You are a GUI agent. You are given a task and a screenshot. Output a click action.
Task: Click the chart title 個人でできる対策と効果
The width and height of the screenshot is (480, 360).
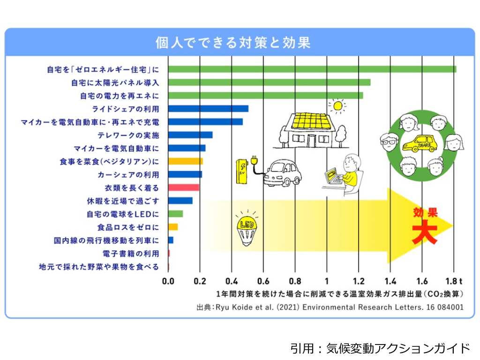233,43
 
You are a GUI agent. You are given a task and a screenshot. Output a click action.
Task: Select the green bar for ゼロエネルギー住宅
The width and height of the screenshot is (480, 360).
312,69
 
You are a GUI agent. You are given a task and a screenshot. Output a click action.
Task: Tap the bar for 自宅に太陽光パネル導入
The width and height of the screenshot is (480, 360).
269,82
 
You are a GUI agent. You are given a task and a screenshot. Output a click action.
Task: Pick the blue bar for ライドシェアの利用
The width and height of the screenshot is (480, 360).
208,109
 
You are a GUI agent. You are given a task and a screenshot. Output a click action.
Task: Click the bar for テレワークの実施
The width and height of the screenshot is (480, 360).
190,135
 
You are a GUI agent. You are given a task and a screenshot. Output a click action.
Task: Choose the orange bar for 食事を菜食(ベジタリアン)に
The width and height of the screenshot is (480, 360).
185,162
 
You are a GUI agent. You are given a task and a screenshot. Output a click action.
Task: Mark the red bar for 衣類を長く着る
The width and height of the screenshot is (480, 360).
183,188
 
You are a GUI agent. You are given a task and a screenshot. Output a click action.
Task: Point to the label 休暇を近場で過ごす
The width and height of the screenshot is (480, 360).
123,201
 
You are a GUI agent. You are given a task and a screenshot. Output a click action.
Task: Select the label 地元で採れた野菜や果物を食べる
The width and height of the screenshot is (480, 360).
98,267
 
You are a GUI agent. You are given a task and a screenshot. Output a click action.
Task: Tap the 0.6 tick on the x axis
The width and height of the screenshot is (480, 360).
263,282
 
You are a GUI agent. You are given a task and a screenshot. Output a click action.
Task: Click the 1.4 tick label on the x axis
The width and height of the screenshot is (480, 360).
390,282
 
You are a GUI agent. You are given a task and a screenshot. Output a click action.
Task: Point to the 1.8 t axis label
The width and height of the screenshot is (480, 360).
455,282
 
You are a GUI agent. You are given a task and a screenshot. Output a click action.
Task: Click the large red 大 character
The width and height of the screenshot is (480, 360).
424,232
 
